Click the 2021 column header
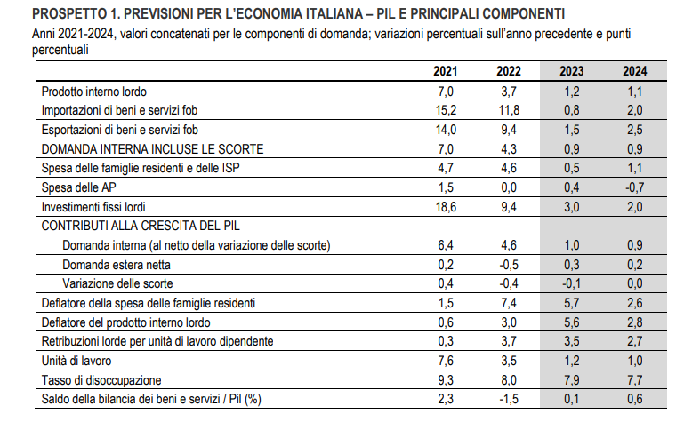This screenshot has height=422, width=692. point(446,71)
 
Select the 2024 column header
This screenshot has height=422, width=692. point(634,71)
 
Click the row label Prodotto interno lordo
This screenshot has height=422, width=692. point(94,92)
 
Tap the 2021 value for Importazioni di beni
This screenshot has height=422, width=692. point(446,110)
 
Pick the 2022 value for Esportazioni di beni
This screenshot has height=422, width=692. point(509,130)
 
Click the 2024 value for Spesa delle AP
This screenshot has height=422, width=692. point(634,187)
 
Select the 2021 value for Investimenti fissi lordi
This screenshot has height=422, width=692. point(446,207)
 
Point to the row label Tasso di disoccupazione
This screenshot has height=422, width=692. point(101,380)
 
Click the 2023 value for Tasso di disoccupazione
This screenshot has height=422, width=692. point(572,380)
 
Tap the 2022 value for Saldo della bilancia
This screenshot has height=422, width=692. point(509,399)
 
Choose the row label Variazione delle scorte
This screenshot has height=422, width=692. point(117,283)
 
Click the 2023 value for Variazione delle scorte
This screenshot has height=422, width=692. point(572,283)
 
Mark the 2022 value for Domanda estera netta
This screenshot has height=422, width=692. point(509,265)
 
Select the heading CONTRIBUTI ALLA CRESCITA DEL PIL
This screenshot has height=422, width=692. point(141,226)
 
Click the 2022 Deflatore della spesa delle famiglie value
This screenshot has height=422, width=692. point(509,303)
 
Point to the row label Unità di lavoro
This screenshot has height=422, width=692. point(76,361)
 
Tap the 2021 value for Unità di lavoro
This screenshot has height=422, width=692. point(446,361)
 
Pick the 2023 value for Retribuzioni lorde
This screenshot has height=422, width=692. point(572,341)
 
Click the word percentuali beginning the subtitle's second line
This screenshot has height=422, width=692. point(60,50)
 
